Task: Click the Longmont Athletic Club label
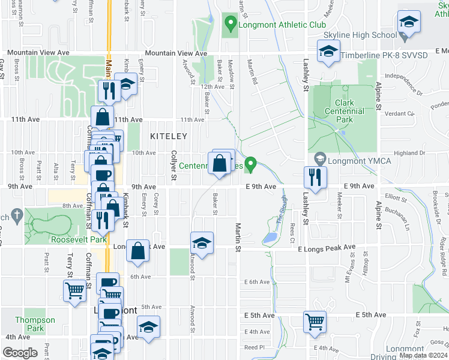[283, 25]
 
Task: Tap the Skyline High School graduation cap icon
[409, 22]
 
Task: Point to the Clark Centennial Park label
[344, 111]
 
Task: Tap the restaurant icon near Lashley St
[315, 176]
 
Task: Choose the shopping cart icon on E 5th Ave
[315, 321]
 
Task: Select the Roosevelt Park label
[79, 239]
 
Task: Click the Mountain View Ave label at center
[175, 53]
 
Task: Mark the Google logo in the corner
[20, 352]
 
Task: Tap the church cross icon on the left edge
[17, 215]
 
